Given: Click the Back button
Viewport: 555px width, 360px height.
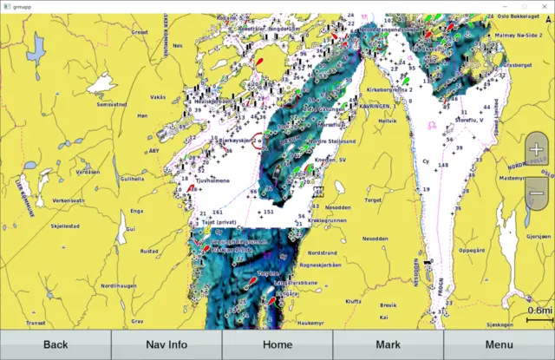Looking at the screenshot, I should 55,344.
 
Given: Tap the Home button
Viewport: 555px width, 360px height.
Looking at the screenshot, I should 277,344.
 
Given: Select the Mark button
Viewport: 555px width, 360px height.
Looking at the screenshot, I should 388,344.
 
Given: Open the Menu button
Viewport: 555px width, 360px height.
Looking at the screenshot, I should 499,344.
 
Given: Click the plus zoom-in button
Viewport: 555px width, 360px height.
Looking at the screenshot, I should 537,148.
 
